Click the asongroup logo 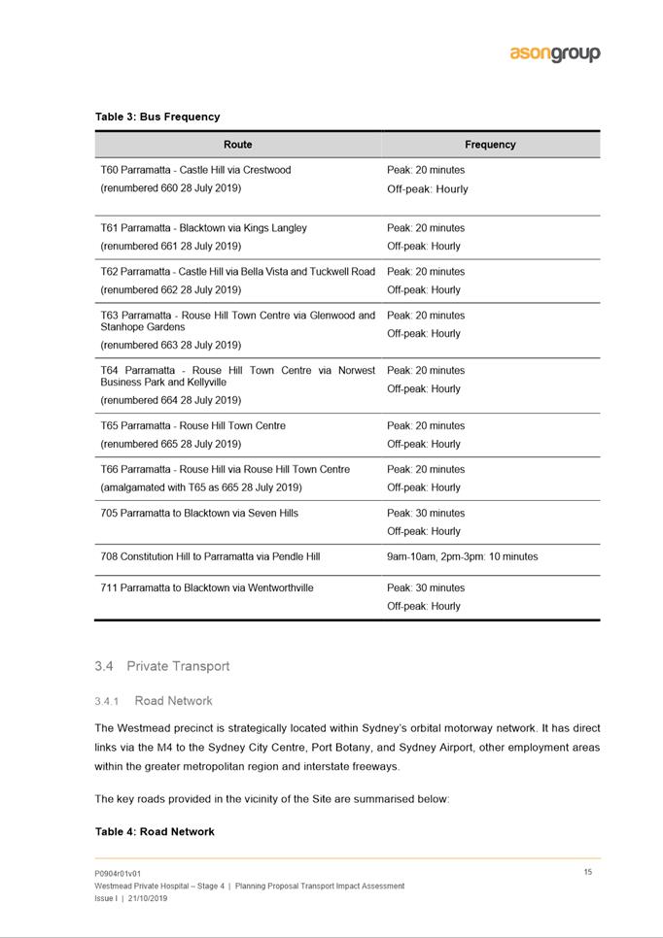[555, 53]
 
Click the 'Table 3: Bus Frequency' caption [157, 117]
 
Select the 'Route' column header [237, 145]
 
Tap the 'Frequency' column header [490, 145]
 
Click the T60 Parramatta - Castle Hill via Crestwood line [195, 170]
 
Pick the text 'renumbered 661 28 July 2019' [171, 246]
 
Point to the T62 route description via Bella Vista [237, 272]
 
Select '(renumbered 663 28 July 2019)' [171, 345]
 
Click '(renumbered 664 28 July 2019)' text [171, 400]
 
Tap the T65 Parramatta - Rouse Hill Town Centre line [192, 426]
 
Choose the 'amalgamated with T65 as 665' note [201, 487]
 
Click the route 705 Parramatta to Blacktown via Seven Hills [199, 513]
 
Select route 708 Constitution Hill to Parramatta [210, 556]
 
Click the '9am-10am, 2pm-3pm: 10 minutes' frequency [462, 556]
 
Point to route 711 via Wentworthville [207, 587]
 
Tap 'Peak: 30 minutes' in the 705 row [426, 513]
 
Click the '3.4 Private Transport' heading [163, 666]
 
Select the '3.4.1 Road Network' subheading [154, 700]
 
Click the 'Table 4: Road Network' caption [155, 832]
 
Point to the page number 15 [588, 872]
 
